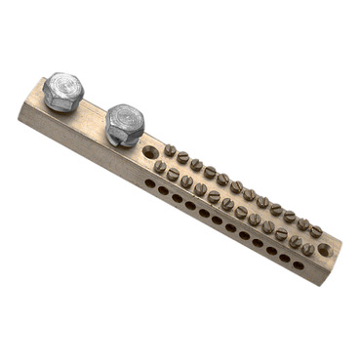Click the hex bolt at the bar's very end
pyautogui.click(x=63, y=92)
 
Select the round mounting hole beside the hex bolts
pyautogui.click(x=149, y=153)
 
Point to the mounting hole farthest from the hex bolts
pyautogui.click(x=324, y=250)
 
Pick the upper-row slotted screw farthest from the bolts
pyautogui.click(x=316, y=231)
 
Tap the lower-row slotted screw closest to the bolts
pyautogui.click(x=159, y=167)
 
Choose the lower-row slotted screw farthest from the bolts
pyautogui.click(x=307, y=249)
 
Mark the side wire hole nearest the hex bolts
pyautogui.click(x=149, y=182)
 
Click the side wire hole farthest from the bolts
pyautogui.click(x=299, y=264)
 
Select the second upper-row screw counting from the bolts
pyautogui.click(x=182, y=157)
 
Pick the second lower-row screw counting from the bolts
pyautogui.click(x=173, y=174)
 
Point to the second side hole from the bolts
pyautogui.click(x=163, y=190)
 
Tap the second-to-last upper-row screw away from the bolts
pyautogui.click(x=303, y=224)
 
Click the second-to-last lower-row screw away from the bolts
pyautogui.click(x=295, y=241)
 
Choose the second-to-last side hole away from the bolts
pyautogui.click(x=285, y=258)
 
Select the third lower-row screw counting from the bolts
pyautogui.click(x=186, y=181)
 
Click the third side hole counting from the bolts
pyautogui.click(x=177, y=197)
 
